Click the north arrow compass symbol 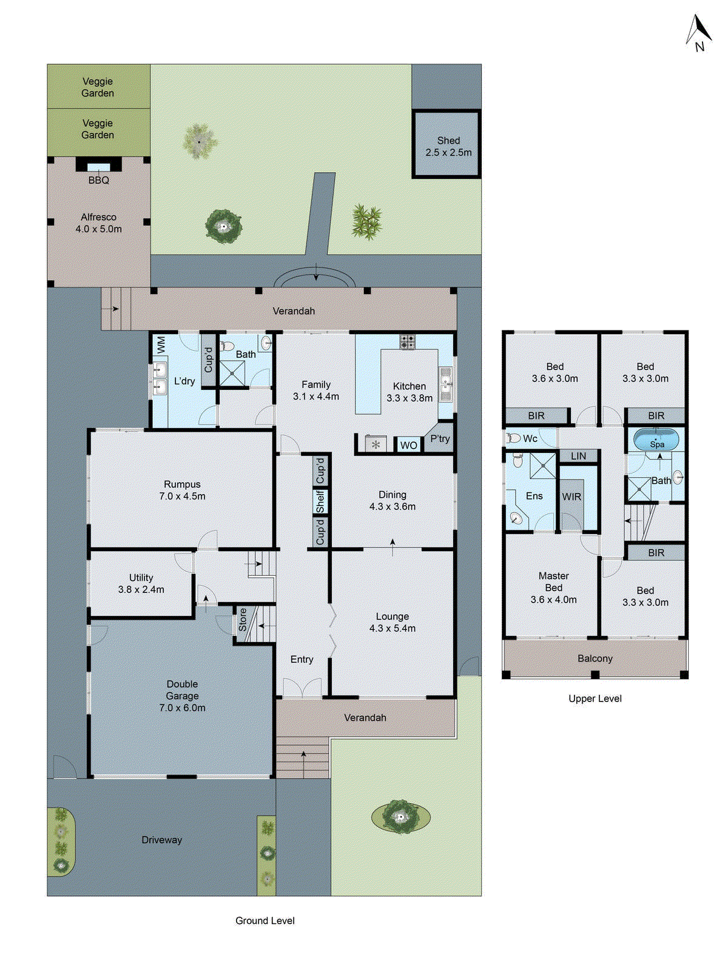point(699,34)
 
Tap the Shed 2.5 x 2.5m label point(448,147)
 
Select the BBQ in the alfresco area point(98,166)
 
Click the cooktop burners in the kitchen point(407,342)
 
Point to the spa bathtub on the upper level point(656,440)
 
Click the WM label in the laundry point(161,345)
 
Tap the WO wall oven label point(408,446)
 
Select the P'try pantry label point(440,439)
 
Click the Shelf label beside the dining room point(320,501)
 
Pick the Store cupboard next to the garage point(243,620)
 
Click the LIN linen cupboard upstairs point(578,456)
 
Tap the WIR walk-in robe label point(571,497)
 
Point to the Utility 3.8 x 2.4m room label point(141,583)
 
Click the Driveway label point(161,840)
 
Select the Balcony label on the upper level point(595,658)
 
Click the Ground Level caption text point(265,920)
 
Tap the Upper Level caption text point(595,698)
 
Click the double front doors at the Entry point(302,689)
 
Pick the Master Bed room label point(553,587)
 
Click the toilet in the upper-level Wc point(514,438)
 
